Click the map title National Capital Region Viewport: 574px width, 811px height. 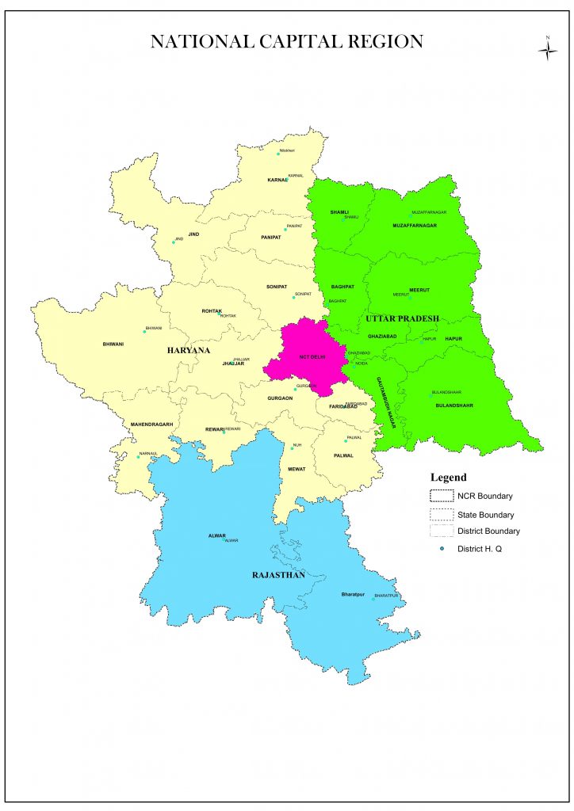286,42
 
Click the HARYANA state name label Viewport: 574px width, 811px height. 188,349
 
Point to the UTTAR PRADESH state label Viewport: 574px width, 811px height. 402,318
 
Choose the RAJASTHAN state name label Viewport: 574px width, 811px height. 278,575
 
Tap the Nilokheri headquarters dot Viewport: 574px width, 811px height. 278,154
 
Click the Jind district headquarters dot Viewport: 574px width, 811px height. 174,242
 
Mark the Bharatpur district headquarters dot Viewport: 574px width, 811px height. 373,599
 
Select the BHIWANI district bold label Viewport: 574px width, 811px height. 113,345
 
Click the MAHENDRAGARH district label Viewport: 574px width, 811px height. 151,425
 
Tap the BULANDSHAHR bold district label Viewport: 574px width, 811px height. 455,405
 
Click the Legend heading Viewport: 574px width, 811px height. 448,478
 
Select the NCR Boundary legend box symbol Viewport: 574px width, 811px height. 442,497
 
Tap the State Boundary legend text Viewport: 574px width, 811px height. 488,514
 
